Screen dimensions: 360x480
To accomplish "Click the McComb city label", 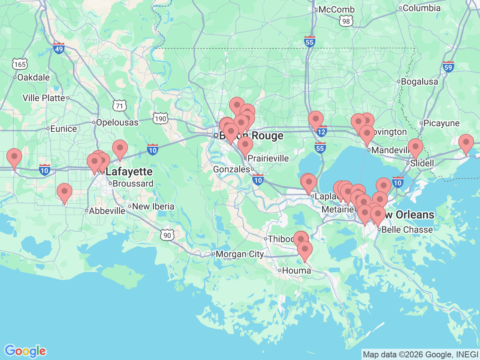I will coord(336,9).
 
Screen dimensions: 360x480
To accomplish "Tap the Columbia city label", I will coord(421,8).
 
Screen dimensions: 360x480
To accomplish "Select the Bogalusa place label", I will coord(419,81).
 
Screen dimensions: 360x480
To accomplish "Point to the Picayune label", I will coord(441,123).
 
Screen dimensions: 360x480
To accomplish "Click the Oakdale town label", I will coord(33,78).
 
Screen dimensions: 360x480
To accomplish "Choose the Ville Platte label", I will coord(44,98).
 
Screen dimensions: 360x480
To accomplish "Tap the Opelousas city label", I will coord(117,123).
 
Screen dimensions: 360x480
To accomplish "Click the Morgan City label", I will coord(240,254).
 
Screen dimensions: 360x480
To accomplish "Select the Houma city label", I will coord(296,270).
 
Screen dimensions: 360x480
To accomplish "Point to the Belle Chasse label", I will coord(407,229).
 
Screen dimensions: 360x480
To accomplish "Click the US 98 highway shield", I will coord(346,21).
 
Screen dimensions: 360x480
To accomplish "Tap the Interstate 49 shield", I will coord(58,48).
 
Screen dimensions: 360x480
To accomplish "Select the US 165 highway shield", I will coord(19,64).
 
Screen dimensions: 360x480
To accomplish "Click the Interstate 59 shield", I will coord(448,67).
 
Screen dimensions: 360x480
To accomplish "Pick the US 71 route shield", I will coord(119,106).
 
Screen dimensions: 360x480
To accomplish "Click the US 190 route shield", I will coord(160,119).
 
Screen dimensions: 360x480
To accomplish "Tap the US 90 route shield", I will coord(167,235).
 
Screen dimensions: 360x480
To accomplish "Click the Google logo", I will coord(25,351).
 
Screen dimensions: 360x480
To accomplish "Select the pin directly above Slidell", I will coord(415,147).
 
